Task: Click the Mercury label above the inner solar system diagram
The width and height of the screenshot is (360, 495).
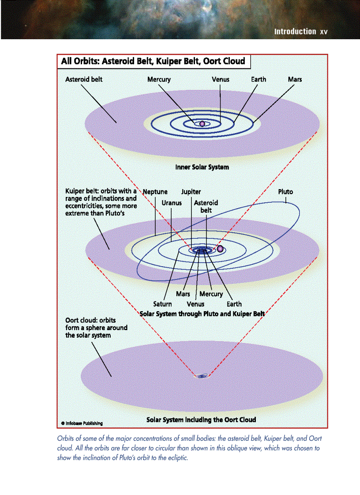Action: click(x=159, y=80)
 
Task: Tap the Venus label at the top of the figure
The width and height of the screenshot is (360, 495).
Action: click(x=221, y=80)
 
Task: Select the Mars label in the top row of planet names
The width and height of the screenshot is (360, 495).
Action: click(x=295, y=80)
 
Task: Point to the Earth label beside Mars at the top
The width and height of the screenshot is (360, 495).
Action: click(x=259, y=80)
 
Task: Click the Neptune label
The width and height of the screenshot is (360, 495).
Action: click(x=155, y=192)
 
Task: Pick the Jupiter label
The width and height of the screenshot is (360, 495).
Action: click(x=191, y=192)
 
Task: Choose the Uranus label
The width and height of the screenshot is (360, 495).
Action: click(x=172, y=204)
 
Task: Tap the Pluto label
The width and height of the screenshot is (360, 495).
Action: click(x=285, y=192)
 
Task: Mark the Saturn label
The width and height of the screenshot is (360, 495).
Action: click(x=162, y=304)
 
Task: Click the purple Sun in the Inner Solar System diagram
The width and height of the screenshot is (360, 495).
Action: click(x=202, y=124)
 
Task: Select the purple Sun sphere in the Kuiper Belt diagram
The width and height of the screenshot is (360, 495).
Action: click(x=220, y=249)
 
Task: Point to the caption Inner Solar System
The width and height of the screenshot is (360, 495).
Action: click(x=202, y=167)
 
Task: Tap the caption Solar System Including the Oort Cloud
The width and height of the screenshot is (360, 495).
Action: click(x=201, y=420)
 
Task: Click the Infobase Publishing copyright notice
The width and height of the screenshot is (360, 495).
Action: click(x=82, y=423)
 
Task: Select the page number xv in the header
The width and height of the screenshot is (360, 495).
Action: click(x=324, y=32)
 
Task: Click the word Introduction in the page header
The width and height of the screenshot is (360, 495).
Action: click(x=295, y=32)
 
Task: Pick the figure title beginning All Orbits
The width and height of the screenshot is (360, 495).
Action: click(x=153, y=61)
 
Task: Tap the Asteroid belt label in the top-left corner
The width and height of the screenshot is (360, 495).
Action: click(x=84, y=80)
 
